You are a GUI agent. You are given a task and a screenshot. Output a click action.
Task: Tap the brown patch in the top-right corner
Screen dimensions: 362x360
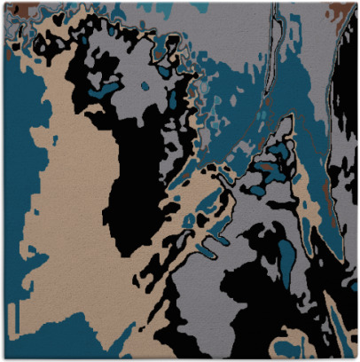342,11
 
